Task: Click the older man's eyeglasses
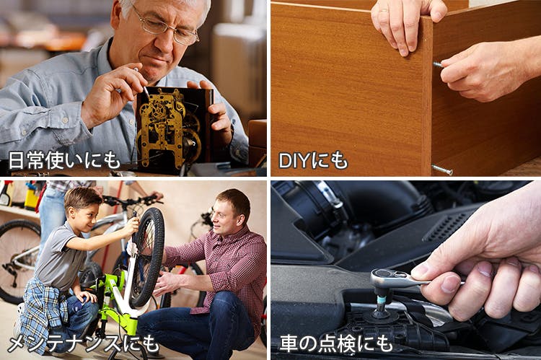165,25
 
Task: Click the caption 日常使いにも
63,160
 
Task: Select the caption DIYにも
313,160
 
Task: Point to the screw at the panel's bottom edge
442,170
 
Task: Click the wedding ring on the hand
383,11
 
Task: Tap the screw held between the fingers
438,64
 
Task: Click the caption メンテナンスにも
83,343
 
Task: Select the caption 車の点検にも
336,343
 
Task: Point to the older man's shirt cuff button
66,120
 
